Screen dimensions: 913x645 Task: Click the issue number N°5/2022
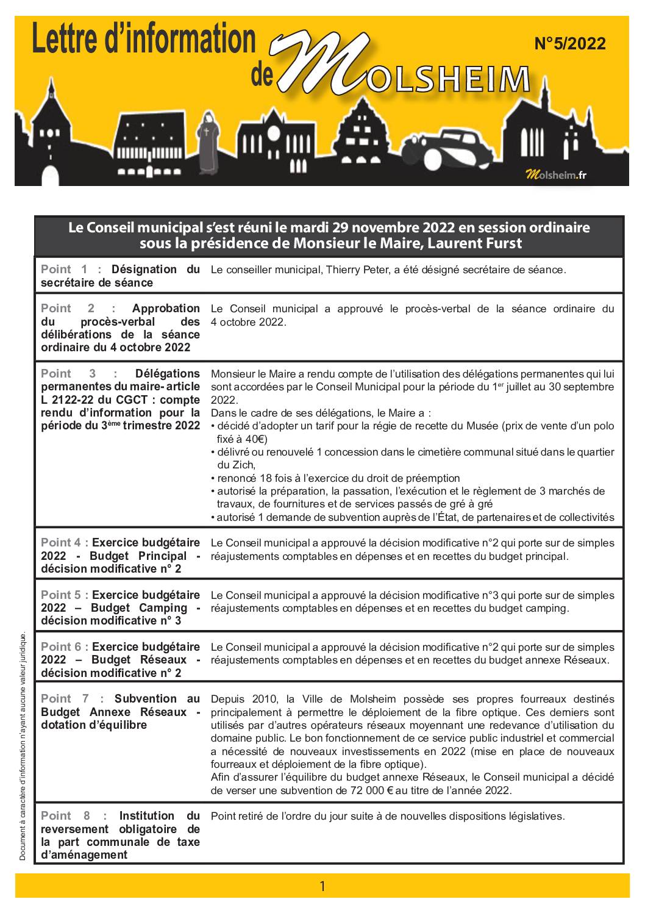569,44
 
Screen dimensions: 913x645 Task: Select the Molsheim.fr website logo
555,176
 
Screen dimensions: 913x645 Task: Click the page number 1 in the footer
322,886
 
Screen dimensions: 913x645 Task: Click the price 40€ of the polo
255,439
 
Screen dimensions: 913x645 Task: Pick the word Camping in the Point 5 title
163,607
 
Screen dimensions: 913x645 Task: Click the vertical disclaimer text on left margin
23,747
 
